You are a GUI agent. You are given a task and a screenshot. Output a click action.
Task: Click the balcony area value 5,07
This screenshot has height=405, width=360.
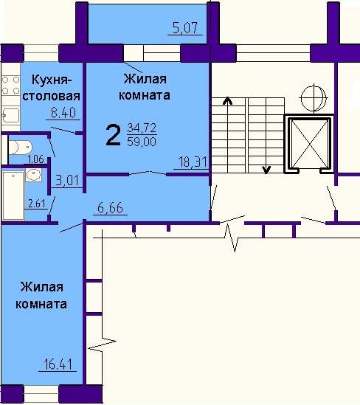pyautogui.click(x=185, y=27)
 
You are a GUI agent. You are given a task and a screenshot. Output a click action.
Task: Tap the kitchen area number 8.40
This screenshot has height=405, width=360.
pyautogui.click(x=63, y=113)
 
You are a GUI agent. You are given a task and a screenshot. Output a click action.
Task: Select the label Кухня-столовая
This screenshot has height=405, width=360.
pyautogui.click(x=52, y=88)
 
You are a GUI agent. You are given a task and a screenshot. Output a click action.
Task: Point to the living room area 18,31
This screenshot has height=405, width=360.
pyautogui.click(x=193, y=162)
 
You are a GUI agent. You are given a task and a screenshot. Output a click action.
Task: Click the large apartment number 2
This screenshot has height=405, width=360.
pyautogui.click(x=113, y=135)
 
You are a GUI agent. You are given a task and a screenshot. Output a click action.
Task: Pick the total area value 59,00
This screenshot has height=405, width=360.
pyautogui.click(x=142, y=142)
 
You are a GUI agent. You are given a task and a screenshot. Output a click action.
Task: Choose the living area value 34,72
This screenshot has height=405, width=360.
pyautogui.click(x=142, y=128)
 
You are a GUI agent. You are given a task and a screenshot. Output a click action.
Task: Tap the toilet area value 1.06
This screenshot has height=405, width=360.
pyautogui.click(x=35, y=159)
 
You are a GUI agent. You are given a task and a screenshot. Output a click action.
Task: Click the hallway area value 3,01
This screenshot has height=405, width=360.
pyautogui.click(x=67, y=180)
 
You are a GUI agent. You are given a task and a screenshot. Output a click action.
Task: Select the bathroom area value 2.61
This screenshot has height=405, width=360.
pyautogui.click(x=36, y=204)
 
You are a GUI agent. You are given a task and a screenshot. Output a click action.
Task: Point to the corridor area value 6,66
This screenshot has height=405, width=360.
pyautogui.click(x=110, y=208)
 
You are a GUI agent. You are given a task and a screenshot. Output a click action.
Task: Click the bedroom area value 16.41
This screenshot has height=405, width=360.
pyautogui.click(x=58, y=364)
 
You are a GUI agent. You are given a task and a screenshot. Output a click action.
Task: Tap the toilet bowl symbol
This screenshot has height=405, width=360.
pyautogui.click(x=20, y=148)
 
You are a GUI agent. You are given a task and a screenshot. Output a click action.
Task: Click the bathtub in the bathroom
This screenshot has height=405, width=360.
pyautogui.click(x=13, y=195)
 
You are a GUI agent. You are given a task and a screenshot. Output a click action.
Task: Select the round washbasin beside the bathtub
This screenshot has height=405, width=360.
pyautogui.click(x=34, y=175)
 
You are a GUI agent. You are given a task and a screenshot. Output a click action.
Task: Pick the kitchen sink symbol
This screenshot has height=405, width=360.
pyautogui.click(x=11, y=116)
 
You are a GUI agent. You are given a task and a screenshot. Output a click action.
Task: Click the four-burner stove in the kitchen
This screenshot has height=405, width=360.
pyautogui.click(x=10, y=86)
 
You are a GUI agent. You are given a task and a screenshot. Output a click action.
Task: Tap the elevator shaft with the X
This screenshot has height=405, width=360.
pyautogui.click(x=309, y=144)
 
